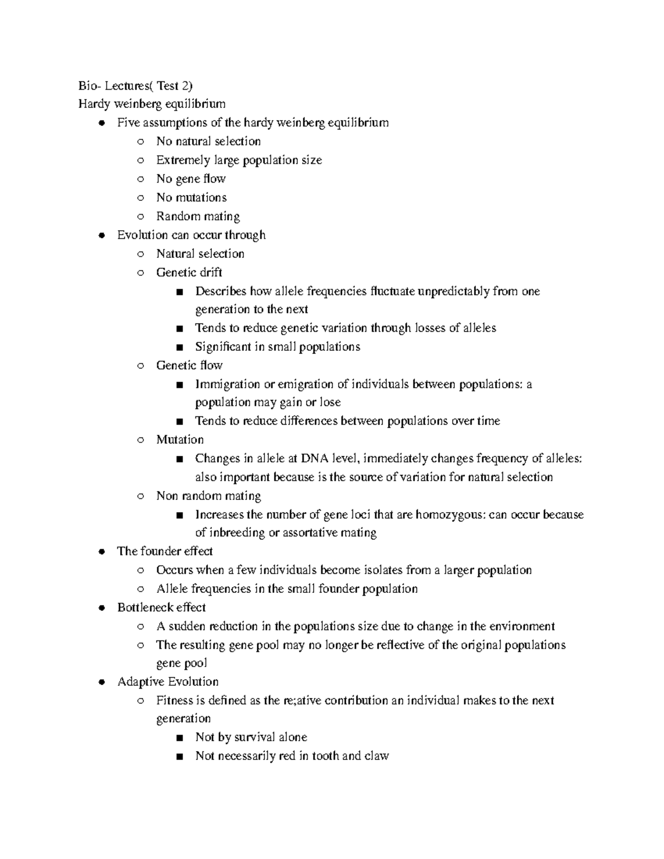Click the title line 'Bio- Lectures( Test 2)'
pos(136,85)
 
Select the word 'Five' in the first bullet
pos(127,122)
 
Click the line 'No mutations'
pos(191,197)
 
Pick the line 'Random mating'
pos(198,216)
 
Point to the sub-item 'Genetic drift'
pos(189,272)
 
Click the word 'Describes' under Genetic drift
pos(221,291)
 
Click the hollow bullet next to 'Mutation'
pos(141,440)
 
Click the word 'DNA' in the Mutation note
pos(315,458)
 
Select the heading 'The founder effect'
pos(165,551)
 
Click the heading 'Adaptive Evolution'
pos(168,681)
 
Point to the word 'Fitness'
pos(174,700)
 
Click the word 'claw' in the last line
pos(376,756)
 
